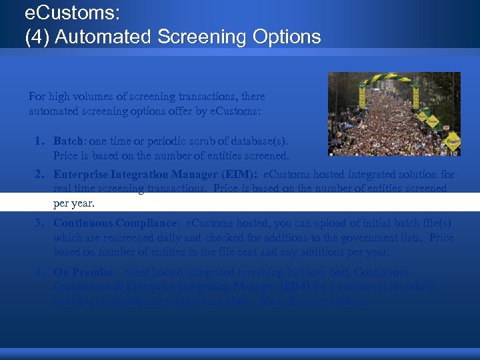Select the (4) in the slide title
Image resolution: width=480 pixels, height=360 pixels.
37,37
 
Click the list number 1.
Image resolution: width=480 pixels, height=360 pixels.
40,141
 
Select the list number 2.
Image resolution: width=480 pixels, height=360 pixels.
40,175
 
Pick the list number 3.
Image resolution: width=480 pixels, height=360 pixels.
40,223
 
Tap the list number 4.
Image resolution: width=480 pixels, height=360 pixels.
40,272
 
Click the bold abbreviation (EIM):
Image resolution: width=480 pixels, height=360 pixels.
241,175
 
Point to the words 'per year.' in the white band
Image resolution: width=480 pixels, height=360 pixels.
74,203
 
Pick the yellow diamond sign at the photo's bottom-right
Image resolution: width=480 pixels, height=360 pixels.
452,141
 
